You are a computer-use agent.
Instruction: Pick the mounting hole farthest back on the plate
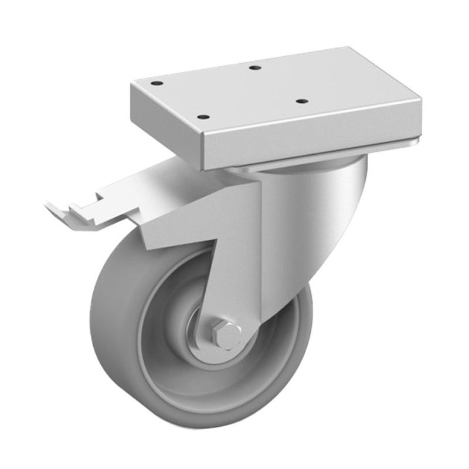pyautogui.click(x=254, y=68)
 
